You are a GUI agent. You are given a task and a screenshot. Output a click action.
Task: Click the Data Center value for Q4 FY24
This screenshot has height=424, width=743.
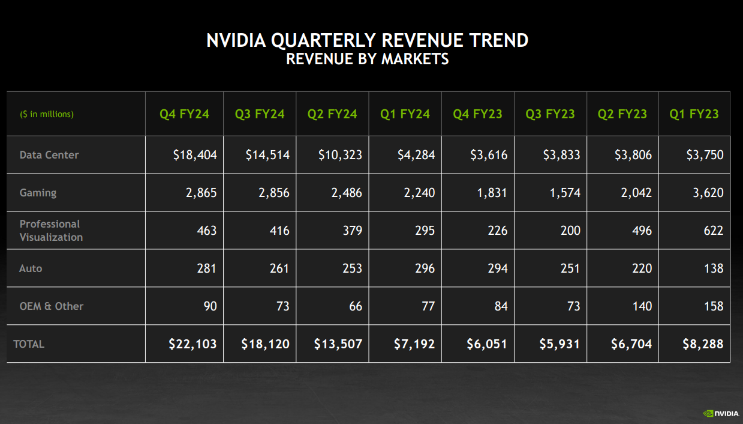click(195, 155)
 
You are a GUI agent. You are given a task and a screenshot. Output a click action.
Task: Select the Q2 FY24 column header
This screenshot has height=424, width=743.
click(332, 114)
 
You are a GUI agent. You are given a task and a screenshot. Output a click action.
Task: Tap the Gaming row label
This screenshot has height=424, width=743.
click(38, 193)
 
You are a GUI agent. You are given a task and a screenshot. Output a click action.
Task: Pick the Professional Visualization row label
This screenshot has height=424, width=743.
click(51, 231)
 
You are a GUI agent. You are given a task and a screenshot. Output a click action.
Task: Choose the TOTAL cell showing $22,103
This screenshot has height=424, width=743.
click(192, 344)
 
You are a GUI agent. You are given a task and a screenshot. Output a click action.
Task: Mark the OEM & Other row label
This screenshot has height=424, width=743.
click(51, 306)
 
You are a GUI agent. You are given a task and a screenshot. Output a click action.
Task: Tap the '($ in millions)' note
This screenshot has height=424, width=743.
click(47, 114)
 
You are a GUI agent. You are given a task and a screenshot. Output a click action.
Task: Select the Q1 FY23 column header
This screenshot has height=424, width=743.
click(694, 114)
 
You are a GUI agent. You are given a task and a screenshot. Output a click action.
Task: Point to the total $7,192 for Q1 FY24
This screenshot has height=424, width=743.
click(414, 344)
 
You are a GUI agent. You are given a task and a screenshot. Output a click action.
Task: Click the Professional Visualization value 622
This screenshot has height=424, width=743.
click(714, 231)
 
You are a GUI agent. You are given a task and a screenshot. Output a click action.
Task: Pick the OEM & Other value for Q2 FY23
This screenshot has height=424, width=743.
click(642, 306)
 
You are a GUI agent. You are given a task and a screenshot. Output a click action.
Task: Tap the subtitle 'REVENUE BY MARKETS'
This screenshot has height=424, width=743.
click(367, 59)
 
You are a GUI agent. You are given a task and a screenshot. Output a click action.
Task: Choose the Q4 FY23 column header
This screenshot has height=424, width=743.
click(477, 114)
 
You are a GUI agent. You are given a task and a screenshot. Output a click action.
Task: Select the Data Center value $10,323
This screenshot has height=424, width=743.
click(340, 155)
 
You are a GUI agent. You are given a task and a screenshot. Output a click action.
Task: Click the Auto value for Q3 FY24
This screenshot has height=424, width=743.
click(279, 268)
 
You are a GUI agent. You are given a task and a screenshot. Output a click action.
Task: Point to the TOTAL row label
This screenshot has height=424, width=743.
click(29, 344)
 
